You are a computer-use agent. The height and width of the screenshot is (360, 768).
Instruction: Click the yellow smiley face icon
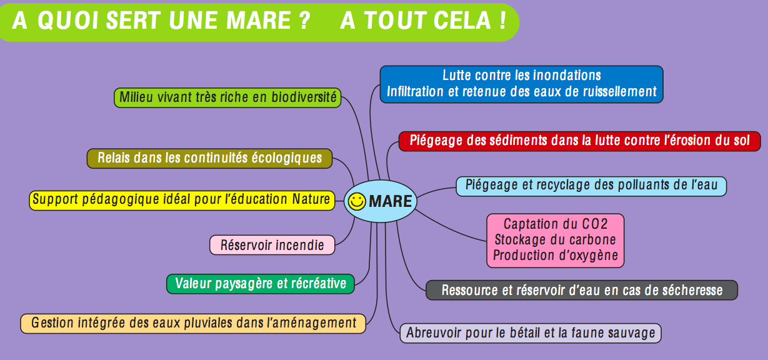coord(357,201)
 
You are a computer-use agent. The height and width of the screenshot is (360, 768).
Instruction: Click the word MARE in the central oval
coord(390,201)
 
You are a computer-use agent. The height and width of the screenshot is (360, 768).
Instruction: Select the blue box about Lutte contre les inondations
coord(522,84)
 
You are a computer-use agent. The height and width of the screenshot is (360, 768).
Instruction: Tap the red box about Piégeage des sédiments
coord(579,141)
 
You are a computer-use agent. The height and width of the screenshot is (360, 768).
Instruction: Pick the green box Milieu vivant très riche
coord(227,97)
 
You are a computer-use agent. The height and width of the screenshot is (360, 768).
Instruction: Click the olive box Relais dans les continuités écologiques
coord(209,158)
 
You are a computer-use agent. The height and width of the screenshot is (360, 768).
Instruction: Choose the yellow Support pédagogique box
coord(182,200)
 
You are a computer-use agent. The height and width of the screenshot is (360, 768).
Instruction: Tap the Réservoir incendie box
coord(272,245)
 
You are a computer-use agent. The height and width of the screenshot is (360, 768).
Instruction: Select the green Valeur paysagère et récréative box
coord(261,284)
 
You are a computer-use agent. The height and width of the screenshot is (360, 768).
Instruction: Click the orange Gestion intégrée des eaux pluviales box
coord(193,323)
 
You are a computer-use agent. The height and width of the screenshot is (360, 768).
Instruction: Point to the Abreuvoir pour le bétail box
coord(531,333)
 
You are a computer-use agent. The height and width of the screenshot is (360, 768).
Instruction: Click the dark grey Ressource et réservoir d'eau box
coord(582,290)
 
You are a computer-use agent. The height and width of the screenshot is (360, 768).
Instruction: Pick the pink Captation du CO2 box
coord(556,241)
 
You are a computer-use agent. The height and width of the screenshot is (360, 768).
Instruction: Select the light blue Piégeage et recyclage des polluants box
coord(591,186)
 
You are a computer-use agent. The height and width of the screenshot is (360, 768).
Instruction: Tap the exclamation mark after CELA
coord(502,21)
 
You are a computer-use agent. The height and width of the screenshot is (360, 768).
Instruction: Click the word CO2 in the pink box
coord(594,224)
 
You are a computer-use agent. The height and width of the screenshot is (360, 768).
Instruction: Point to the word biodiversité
coord(304,97)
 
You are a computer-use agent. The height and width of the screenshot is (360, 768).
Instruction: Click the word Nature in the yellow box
coord(311,199)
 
